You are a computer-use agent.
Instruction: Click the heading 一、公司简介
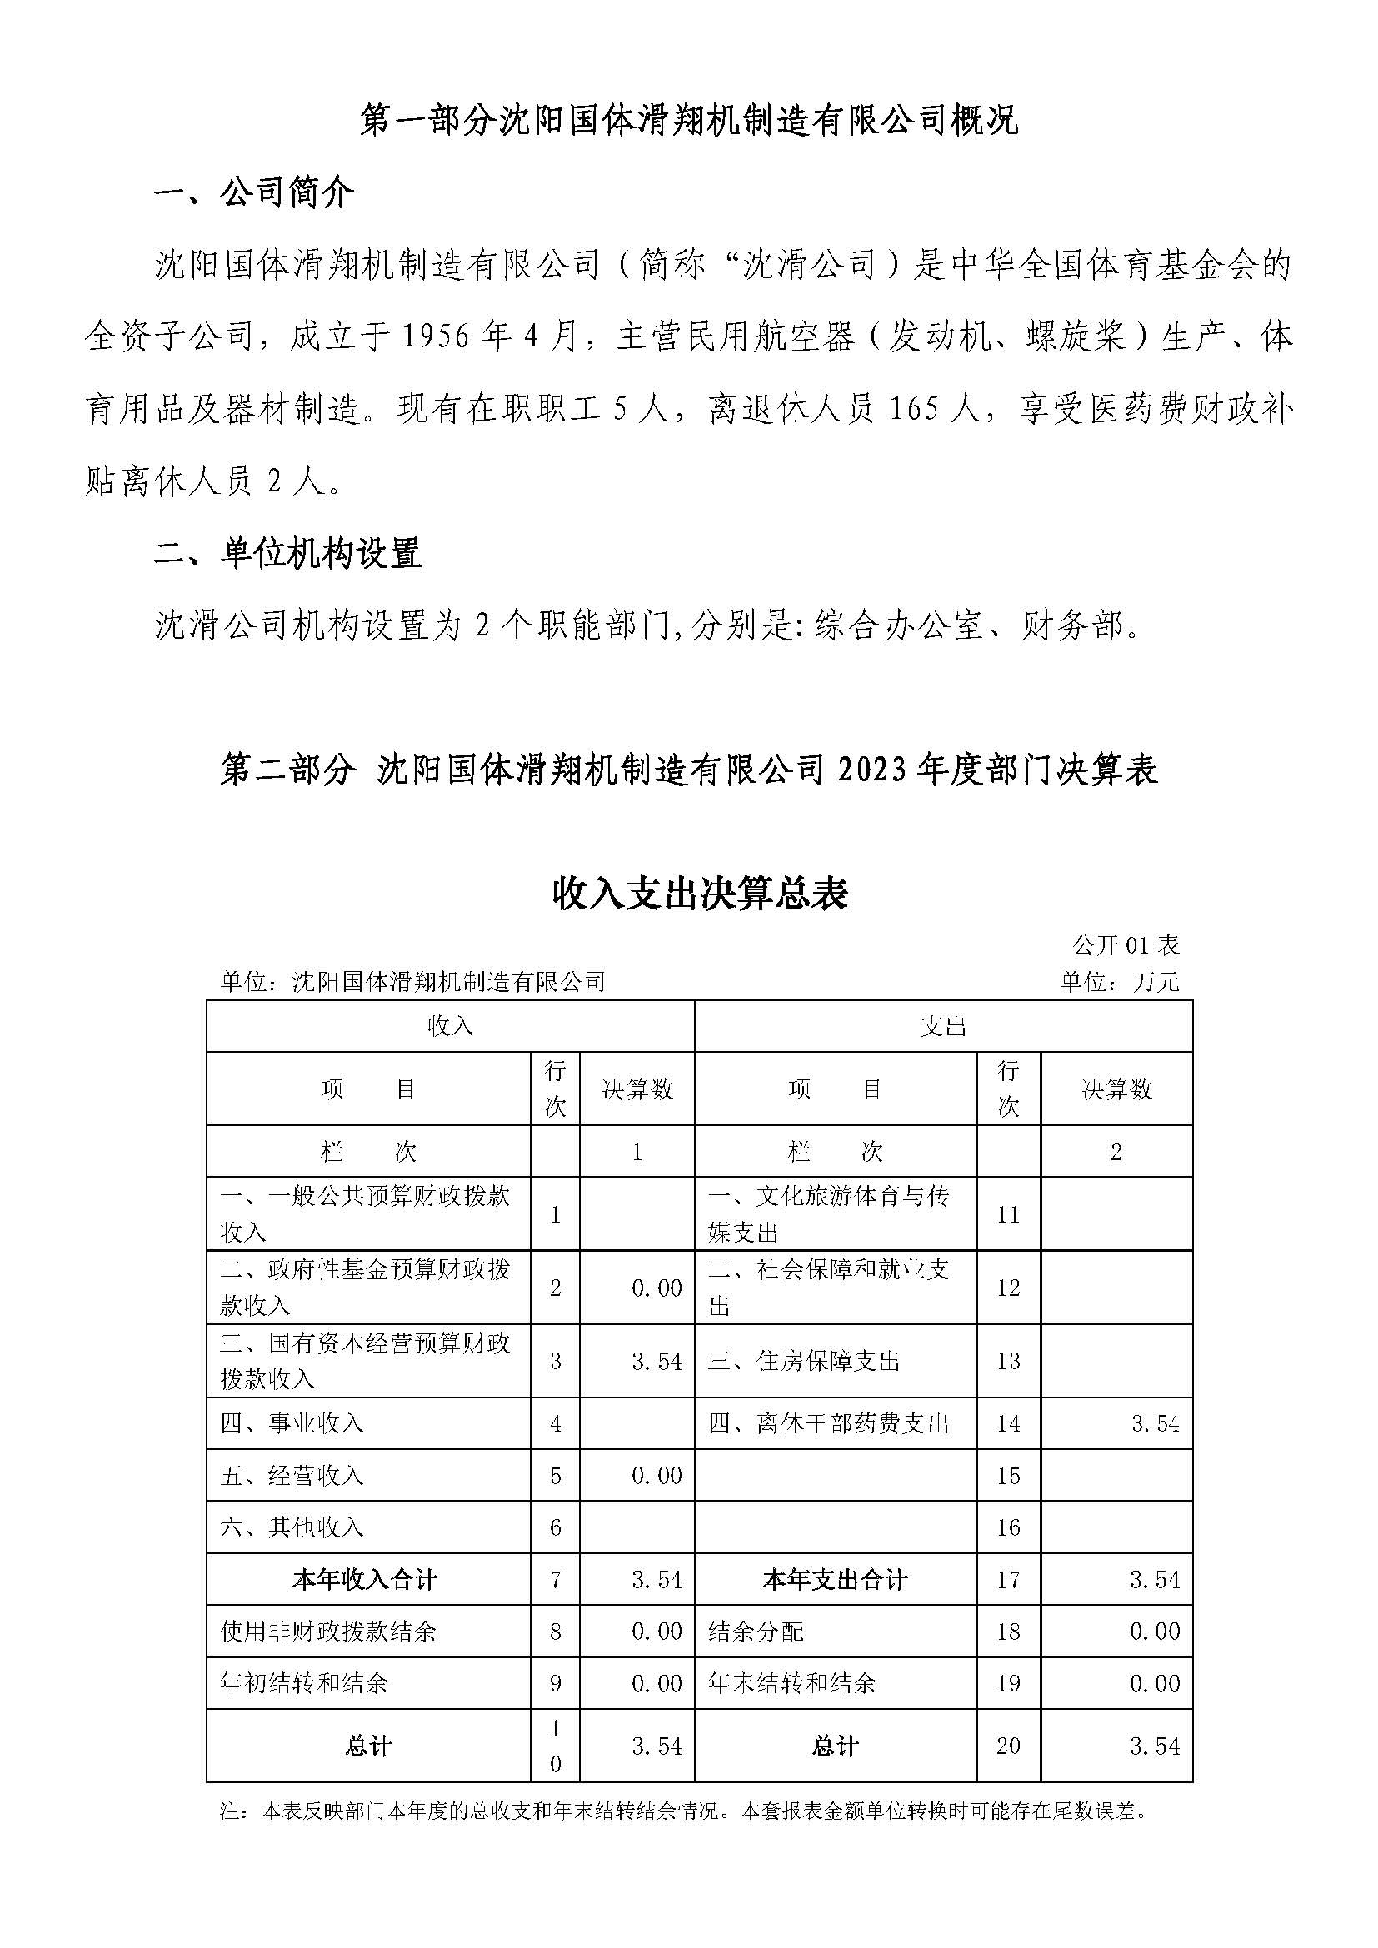point(254,194)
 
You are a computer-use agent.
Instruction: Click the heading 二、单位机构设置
point(287,554)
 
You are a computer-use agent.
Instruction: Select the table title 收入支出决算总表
point(700,894)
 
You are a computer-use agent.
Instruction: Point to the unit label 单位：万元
point(1119,982)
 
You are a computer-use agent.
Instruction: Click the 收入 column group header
point(450,1027)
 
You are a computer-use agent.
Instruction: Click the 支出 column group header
point(943,1027)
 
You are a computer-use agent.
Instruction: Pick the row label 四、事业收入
point(292,1422)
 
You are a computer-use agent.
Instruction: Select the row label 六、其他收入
point(292,1527)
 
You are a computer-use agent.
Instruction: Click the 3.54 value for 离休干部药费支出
point(1155,1422)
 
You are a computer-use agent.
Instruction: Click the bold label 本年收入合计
point(365,1579)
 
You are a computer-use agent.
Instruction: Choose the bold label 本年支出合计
point(835,1579)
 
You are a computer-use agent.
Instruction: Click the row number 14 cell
point(1008,1422)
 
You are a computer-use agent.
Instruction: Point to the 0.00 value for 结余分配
point(1155,1631)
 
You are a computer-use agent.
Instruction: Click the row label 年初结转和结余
point(304,1682)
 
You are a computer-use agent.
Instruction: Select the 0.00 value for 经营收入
point(657,1476)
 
